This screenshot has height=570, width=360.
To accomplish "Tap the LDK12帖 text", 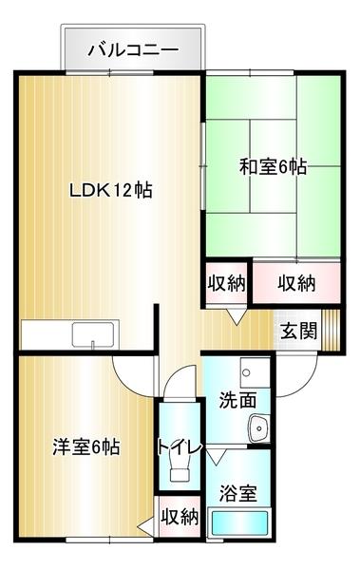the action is [x=111, y=189].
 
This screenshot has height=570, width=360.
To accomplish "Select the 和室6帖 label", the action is [x=273, y=166].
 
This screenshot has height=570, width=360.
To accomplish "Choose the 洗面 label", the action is [x=237, y=401].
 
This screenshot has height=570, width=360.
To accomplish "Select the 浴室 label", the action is [x=237, y=493].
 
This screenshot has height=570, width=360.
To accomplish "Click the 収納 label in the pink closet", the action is [x=297, y=282].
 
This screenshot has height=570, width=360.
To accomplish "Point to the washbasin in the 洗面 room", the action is [x=257, y=430].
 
